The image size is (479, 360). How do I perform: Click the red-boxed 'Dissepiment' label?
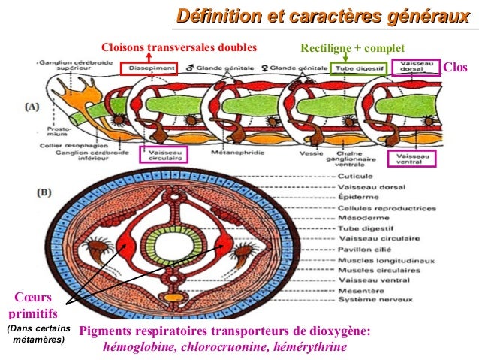149,68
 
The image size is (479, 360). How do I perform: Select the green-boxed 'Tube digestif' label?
356,68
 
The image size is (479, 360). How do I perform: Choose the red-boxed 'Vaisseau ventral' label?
410,156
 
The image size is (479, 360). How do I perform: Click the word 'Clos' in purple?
455,68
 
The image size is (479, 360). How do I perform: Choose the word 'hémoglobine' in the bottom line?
137,347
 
